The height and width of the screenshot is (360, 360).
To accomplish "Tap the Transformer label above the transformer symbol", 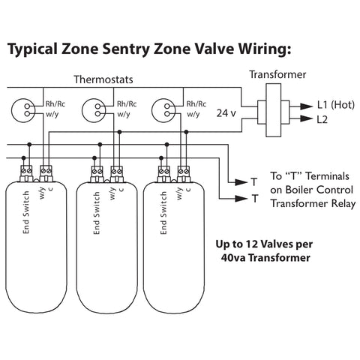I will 277,76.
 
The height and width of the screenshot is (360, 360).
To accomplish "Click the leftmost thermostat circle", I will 28,109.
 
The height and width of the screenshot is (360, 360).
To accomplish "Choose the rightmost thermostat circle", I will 162,109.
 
